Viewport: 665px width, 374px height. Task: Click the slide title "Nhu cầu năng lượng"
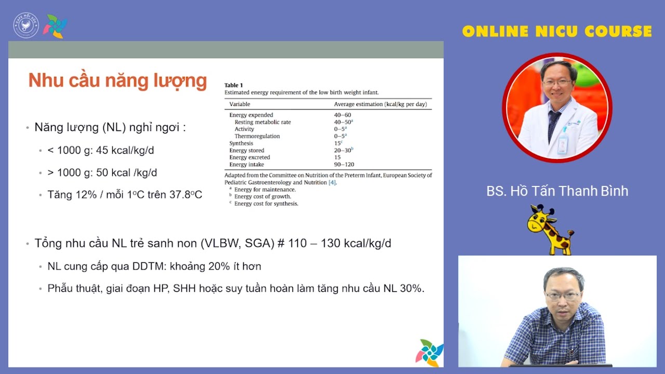[x=117, y=81]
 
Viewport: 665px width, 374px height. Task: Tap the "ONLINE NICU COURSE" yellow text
[x=556, y=32]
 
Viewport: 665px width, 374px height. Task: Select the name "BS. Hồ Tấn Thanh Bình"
[x=557, y=191]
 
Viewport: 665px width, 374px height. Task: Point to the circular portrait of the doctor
[x=557, y=108]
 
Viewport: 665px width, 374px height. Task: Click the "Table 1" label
[x=234, y=85]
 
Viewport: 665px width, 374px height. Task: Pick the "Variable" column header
[x=240, y=104]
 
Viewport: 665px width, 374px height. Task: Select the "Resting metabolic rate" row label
[x=262, y=122]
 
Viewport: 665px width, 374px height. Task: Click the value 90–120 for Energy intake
[x=344, y=165]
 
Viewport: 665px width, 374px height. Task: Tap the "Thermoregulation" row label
[x=257, y=136]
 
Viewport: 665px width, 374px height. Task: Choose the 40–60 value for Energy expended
[x=342, y=115]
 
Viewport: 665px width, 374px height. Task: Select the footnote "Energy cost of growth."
[x=262, y=197]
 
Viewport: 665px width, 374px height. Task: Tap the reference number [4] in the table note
[x=332, y=183]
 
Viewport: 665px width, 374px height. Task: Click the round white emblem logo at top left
[x=26, y=26]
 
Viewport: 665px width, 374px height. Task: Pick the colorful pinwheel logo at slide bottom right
[x=429, y=353]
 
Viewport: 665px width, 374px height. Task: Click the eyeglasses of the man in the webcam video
[x=563, y=296]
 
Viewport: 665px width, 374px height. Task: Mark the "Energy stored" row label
[x=247, y=151]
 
